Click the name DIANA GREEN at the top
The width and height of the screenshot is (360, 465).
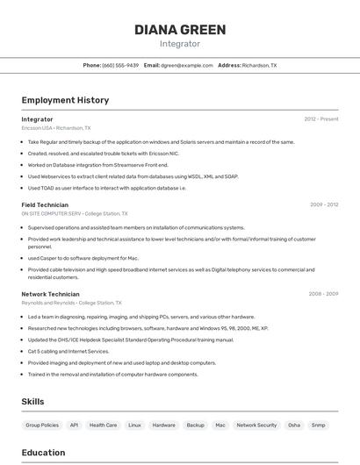click(180, 30)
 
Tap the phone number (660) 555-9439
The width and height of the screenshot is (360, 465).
click(120, 65)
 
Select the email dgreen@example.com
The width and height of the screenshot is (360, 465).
click(186, 65)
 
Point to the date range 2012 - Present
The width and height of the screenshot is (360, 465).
click(320, 119)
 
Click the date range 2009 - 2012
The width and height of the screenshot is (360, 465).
click(323, 205)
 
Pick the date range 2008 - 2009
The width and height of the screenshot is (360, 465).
click(323, 294)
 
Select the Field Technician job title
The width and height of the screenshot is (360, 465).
click(45, 205)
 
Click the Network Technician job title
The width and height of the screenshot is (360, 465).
click(50, 294)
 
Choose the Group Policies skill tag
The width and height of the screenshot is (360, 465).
click(42, 425)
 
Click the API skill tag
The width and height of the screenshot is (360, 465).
click(75, 425)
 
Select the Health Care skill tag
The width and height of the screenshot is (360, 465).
click(104, 425)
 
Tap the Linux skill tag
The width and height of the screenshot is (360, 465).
click(134, 425)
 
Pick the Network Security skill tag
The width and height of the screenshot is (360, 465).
click(256, 425)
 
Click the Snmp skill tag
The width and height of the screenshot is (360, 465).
click(318, 425)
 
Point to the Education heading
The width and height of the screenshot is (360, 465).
click(43, 453)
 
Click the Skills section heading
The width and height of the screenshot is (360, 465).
click(33, 401)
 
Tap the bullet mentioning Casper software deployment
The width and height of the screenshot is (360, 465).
click(83, 258)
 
